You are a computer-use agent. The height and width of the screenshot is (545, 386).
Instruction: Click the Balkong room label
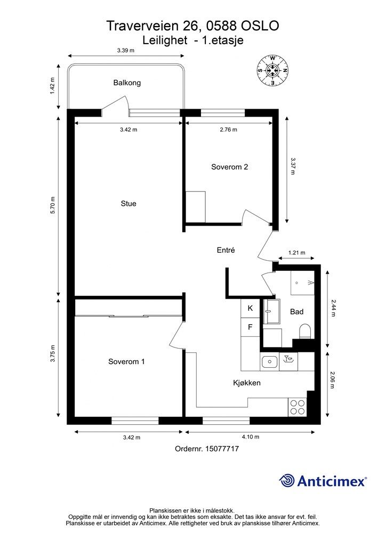coord(127,82)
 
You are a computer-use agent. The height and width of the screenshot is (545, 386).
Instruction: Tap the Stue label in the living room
coord(128,204)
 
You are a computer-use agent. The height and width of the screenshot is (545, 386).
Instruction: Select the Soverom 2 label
coord(229,167)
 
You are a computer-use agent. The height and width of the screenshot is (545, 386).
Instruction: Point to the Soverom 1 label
coord(126,361)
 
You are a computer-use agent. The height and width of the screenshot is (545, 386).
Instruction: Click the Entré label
coord(226,250)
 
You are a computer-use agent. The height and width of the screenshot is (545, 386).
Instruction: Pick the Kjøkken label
coord(247,383)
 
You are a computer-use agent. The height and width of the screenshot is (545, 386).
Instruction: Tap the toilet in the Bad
coord(305,331)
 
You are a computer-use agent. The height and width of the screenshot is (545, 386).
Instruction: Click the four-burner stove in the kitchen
coord(297,407)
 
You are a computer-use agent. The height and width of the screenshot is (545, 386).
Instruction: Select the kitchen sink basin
coord(269,362)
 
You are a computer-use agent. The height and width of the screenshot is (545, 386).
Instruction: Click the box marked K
coord(250,308)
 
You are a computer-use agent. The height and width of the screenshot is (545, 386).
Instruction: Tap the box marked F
coord(250,327)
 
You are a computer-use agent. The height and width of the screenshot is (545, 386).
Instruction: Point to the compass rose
coord(273,71)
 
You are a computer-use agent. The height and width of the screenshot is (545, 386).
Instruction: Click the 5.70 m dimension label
coord(53,205)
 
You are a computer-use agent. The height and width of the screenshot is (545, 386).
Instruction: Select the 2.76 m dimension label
coord(229,130)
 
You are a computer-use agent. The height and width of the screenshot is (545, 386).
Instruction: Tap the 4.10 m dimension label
coord(250,437)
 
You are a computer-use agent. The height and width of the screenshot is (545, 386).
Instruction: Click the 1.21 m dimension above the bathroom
coord(296,253)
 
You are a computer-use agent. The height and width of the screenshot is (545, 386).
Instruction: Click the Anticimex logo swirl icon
coord(286,481)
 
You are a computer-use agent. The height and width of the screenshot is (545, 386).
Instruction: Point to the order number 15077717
coord(222,449)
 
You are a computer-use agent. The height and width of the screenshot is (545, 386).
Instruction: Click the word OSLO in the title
coord(260,26)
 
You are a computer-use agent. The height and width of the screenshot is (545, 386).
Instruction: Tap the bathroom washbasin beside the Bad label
coord(272,311)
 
